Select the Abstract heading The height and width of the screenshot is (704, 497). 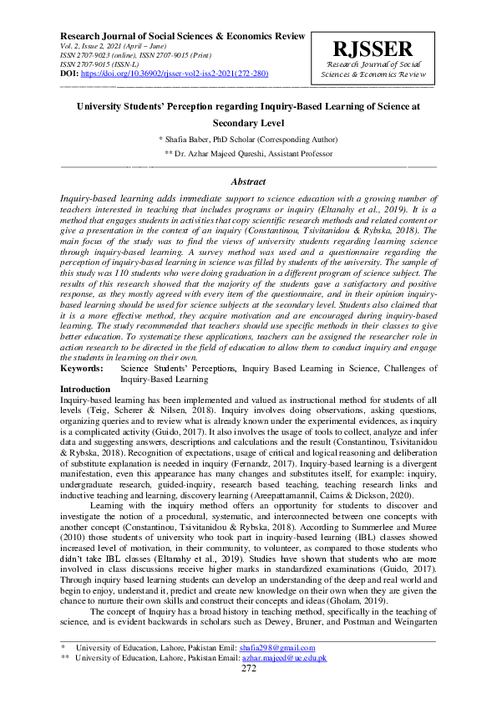point(248,181)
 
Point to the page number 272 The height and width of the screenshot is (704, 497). point(248,669)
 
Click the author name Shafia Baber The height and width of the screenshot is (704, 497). point(190,139)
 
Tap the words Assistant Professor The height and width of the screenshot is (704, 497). point(299,155)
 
